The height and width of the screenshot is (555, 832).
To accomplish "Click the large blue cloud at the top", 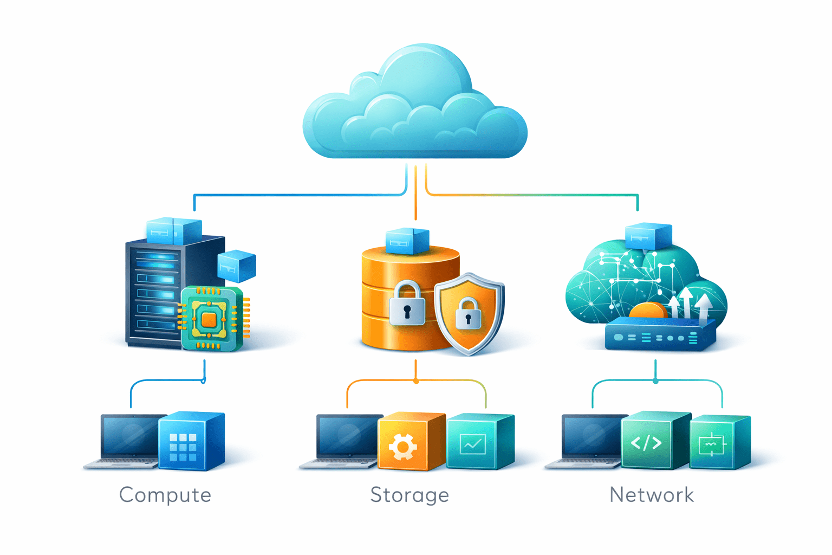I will pos(414,108).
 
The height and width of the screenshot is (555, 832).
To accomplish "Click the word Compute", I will pos(165,495).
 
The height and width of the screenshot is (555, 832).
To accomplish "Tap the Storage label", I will pos(409,495).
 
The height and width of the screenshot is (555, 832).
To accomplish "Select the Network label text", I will pos(652,495).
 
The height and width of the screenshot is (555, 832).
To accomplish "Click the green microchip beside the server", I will pos(210,319).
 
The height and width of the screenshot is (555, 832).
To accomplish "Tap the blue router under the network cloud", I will pos(658,337).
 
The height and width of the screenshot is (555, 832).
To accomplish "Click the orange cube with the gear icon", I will pos(404,442).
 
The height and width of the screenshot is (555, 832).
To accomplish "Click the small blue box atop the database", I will pos(407,241).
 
